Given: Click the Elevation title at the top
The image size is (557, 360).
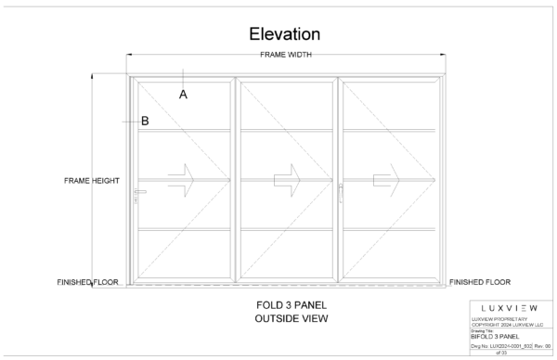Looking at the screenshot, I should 284,34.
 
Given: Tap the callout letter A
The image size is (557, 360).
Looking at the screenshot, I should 184,95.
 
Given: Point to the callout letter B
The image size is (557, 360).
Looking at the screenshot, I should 145,121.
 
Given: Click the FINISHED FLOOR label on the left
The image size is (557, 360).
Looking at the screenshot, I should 87,282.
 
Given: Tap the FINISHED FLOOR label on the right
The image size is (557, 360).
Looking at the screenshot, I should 480,281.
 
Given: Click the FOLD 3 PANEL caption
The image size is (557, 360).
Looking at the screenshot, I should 291,305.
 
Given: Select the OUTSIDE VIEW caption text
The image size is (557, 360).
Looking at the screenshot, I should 291,319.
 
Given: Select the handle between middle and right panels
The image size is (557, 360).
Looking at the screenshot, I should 341,191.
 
